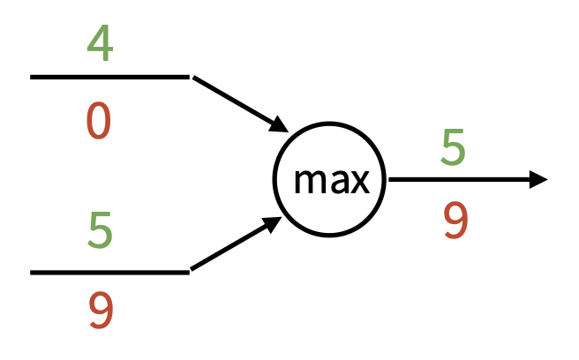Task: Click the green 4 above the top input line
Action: [x=100, y=43]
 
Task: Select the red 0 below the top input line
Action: [x=99, y=121]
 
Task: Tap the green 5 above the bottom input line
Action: [x=100, y=229]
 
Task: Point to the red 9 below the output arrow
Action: [x=454, y=221]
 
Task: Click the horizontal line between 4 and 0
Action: [x=109, y=78]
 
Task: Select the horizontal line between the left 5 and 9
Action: [x=109, y=272]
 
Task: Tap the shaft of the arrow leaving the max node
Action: [x=459, y=180]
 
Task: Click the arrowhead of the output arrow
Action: [x=538, y=180]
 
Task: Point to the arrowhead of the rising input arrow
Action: [x=272, y=226]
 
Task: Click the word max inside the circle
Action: [x=330, y=181]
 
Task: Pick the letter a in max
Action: [x=334, y=182]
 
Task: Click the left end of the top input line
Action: [x=34, y=78]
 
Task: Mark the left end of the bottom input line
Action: [x=34, y=272]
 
